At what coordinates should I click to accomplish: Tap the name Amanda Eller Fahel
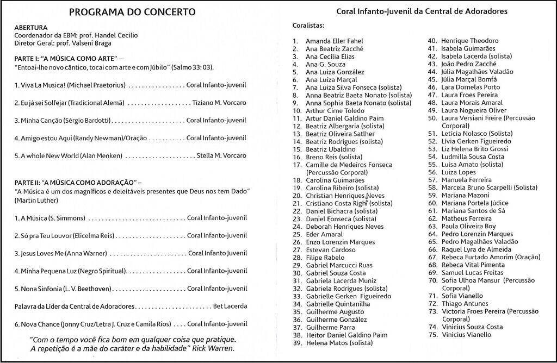click(x=334, y=41)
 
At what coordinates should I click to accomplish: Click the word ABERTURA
click(x=31, y=27)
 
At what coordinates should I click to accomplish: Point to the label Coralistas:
click(x=308, y=26)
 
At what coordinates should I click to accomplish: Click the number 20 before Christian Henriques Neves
click(x=296, y=195)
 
